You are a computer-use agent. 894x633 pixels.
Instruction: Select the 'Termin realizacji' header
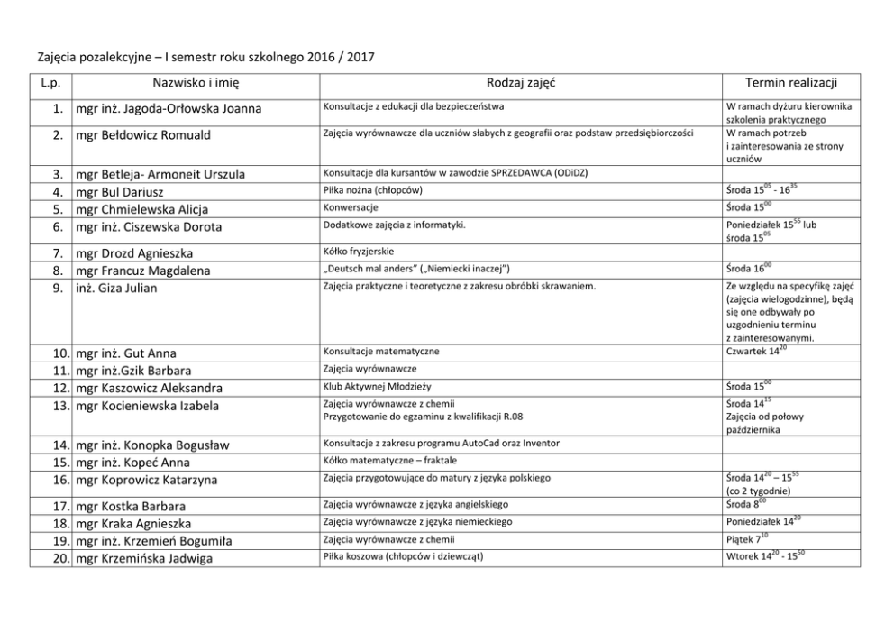[x=792, y=83]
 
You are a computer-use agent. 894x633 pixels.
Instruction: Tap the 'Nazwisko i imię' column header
[x=196, y=83]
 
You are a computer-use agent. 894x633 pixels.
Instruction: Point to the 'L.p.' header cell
[x=50, y=83]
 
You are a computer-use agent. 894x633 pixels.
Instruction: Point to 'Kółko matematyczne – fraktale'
[x=389, y=461]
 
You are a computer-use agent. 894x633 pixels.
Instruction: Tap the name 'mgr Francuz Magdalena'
[x=143, y=271]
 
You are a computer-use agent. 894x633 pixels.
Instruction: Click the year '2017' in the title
[x=359, y=57]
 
